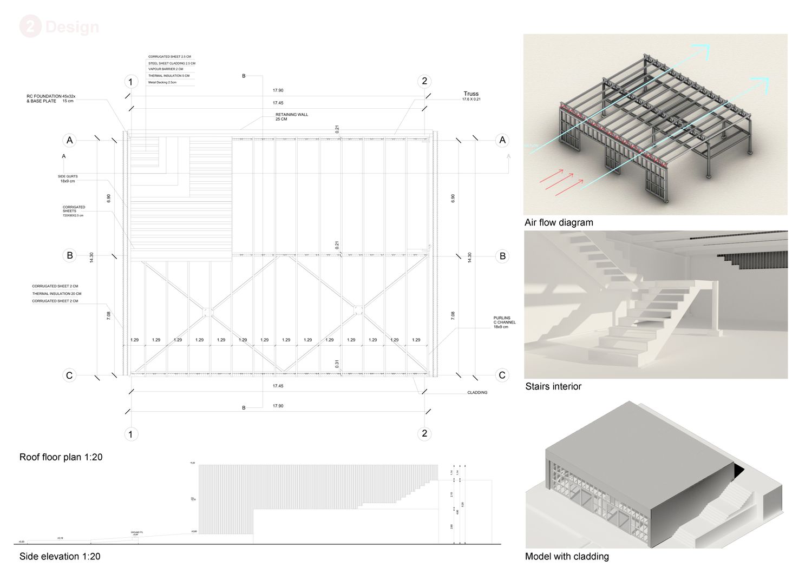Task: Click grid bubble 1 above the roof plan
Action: (x=130, y=82)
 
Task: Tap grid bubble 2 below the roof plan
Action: (x=424, y=433)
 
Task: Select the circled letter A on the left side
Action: (x=69, y=141)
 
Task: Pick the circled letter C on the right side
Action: (x=502, y=375)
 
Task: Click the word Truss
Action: (x=471, y=94)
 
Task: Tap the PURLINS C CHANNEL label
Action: (x=504, y=322)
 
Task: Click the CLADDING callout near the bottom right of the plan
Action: (x=477, y=393)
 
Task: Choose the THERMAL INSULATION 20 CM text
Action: (x=56, y=294)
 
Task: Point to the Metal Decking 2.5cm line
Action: (x=162, y=82)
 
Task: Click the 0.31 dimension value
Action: (x=337, y=364)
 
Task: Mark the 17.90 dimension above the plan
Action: (x=278, y=90)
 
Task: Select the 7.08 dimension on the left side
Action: (x=109, y=315)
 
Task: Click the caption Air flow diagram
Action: (x=559, y=222)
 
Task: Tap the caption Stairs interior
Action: (x=553, y=386)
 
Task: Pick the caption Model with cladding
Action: (x=567, y=556)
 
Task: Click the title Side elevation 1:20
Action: (x=60, y=556)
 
